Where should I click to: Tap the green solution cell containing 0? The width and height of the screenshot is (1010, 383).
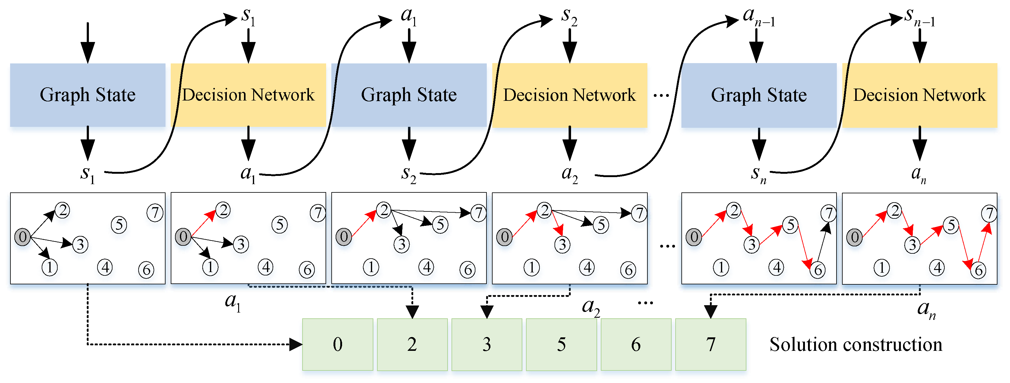pos(337,344)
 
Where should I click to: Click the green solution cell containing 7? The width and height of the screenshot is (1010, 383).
pos(711,344)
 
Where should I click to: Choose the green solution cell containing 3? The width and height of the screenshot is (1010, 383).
pos(486,344)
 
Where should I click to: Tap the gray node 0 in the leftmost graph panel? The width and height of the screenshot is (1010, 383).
pos(22,237)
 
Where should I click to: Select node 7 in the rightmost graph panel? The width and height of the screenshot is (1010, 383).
pos(989,214)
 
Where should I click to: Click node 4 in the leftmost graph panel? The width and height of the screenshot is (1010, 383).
pos(105,267)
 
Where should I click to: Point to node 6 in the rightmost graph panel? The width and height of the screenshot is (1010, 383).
pos(978,270)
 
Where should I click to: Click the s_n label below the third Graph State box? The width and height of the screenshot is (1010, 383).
pos(758,174)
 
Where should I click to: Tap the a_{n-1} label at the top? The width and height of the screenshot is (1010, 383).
pos(759,18)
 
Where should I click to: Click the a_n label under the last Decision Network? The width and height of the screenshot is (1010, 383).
pos(918,174)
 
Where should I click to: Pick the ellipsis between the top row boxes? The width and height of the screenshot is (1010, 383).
pos(661,95)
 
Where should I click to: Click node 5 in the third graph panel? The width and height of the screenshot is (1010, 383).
pos(440,225)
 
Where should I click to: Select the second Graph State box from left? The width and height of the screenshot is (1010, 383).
pos(409,95)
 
